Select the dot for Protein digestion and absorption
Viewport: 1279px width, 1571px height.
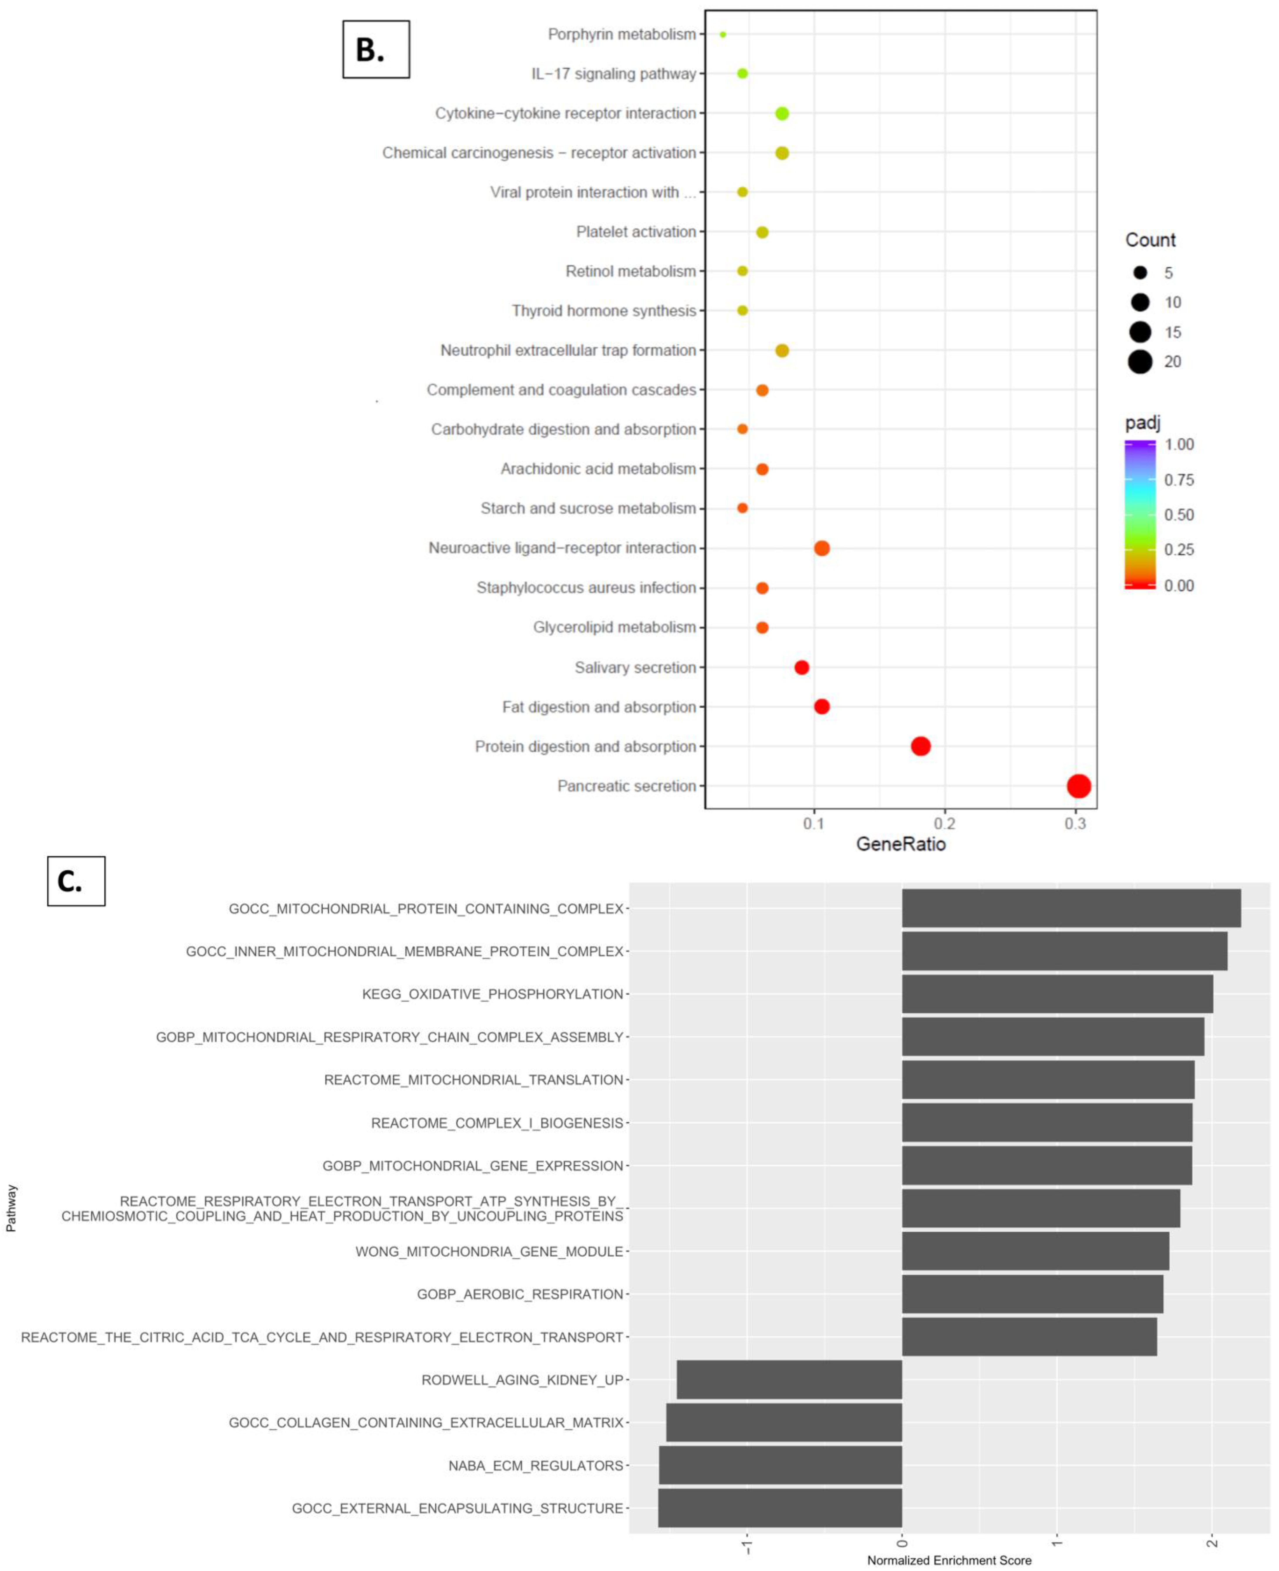[x=920, y=746]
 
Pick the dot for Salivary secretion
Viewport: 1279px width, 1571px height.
[x=802, y=667]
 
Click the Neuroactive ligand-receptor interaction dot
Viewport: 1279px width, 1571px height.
[x=821, y=548]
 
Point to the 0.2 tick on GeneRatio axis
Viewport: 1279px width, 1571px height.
[x=945, y=823]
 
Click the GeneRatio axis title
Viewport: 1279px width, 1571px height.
[x=900, y=844]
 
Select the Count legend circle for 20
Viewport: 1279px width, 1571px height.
[x=1140, y=362]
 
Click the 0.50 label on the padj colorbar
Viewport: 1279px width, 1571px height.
[x=1179, y=515]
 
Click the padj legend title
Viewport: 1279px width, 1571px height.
[x=1143, y=423]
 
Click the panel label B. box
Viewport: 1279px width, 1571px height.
[x=376, y=49]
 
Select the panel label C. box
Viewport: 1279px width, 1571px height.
[x=76, y=881]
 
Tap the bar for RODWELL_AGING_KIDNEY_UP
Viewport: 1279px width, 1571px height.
[x=789, y=1380]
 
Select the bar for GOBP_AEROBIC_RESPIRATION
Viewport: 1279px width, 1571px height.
[x=1032, y=1294]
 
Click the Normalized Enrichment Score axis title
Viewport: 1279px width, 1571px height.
[x=949, y=1560]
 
